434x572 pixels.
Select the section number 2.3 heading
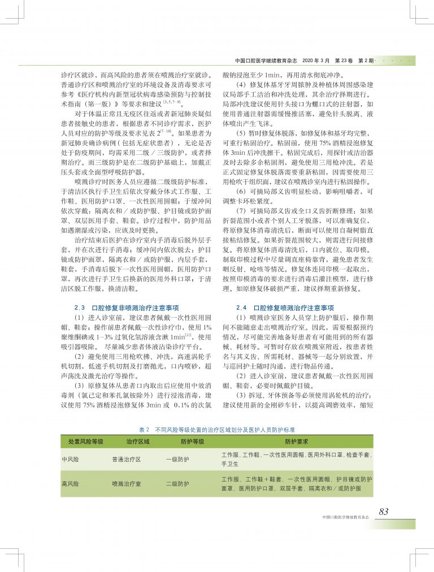coord(80,308)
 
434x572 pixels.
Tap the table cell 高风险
coord(71,484)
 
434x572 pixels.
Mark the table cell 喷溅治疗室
coord(127,484)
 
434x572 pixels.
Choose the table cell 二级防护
coord(177,484)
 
